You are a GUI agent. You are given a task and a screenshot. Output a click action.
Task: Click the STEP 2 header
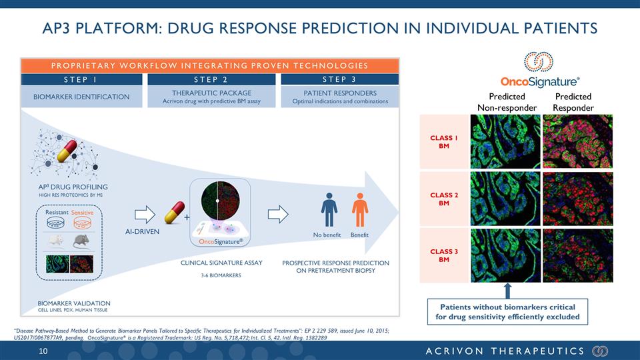coord(211,79)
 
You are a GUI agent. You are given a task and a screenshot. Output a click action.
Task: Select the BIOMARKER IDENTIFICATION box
coord(81,97)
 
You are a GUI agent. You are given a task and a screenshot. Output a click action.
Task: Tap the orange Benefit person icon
coord(359,210)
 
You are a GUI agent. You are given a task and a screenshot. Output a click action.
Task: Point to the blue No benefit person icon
coord(329,210)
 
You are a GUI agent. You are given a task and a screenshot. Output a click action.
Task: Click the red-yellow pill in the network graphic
coord(67,151)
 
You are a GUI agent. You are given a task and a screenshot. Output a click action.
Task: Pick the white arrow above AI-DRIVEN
coord(145,214)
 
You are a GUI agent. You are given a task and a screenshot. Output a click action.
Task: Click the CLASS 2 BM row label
coord(444,199)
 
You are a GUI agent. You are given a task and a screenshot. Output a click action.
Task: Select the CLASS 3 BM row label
coord(444,255)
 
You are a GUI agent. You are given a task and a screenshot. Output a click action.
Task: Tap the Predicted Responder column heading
coord(573,102)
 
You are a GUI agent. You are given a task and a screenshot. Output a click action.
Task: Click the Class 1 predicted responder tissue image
coord(577,141)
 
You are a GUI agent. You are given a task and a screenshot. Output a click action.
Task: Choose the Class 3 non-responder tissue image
coord(505,255)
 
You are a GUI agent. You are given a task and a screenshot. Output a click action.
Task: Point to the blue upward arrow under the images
coord(507,291)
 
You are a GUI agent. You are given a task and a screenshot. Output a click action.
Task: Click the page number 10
coord(43,351)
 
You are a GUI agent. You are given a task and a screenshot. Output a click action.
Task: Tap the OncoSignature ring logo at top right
coord(539,61)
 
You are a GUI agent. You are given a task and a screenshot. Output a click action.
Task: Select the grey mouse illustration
coord(81,241)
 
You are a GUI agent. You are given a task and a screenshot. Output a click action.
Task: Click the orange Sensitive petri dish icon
coord(82,223)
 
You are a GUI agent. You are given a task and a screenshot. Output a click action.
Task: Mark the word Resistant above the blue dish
coord(57,212)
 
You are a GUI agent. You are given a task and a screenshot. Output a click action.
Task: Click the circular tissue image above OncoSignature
coord(220,201)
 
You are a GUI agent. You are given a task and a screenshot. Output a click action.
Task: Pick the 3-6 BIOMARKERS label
coord(221,275)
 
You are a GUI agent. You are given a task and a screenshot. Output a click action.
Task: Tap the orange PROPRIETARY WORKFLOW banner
coord(210,66)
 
